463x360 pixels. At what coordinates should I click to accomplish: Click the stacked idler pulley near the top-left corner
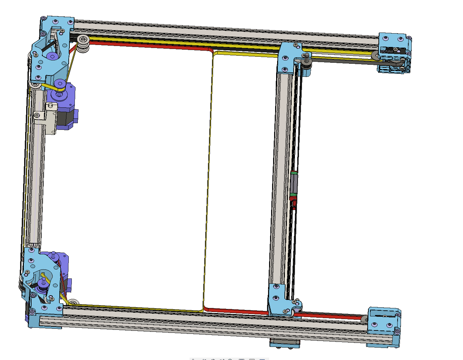(83, 44)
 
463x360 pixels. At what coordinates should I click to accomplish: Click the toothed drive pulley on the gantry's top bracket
(307, 64)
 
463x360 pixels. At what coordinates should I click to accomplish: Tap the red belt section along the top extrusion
(148, 46)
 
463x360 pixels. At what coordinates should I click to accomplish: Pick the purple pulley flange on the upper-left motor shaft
(60, 84)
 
